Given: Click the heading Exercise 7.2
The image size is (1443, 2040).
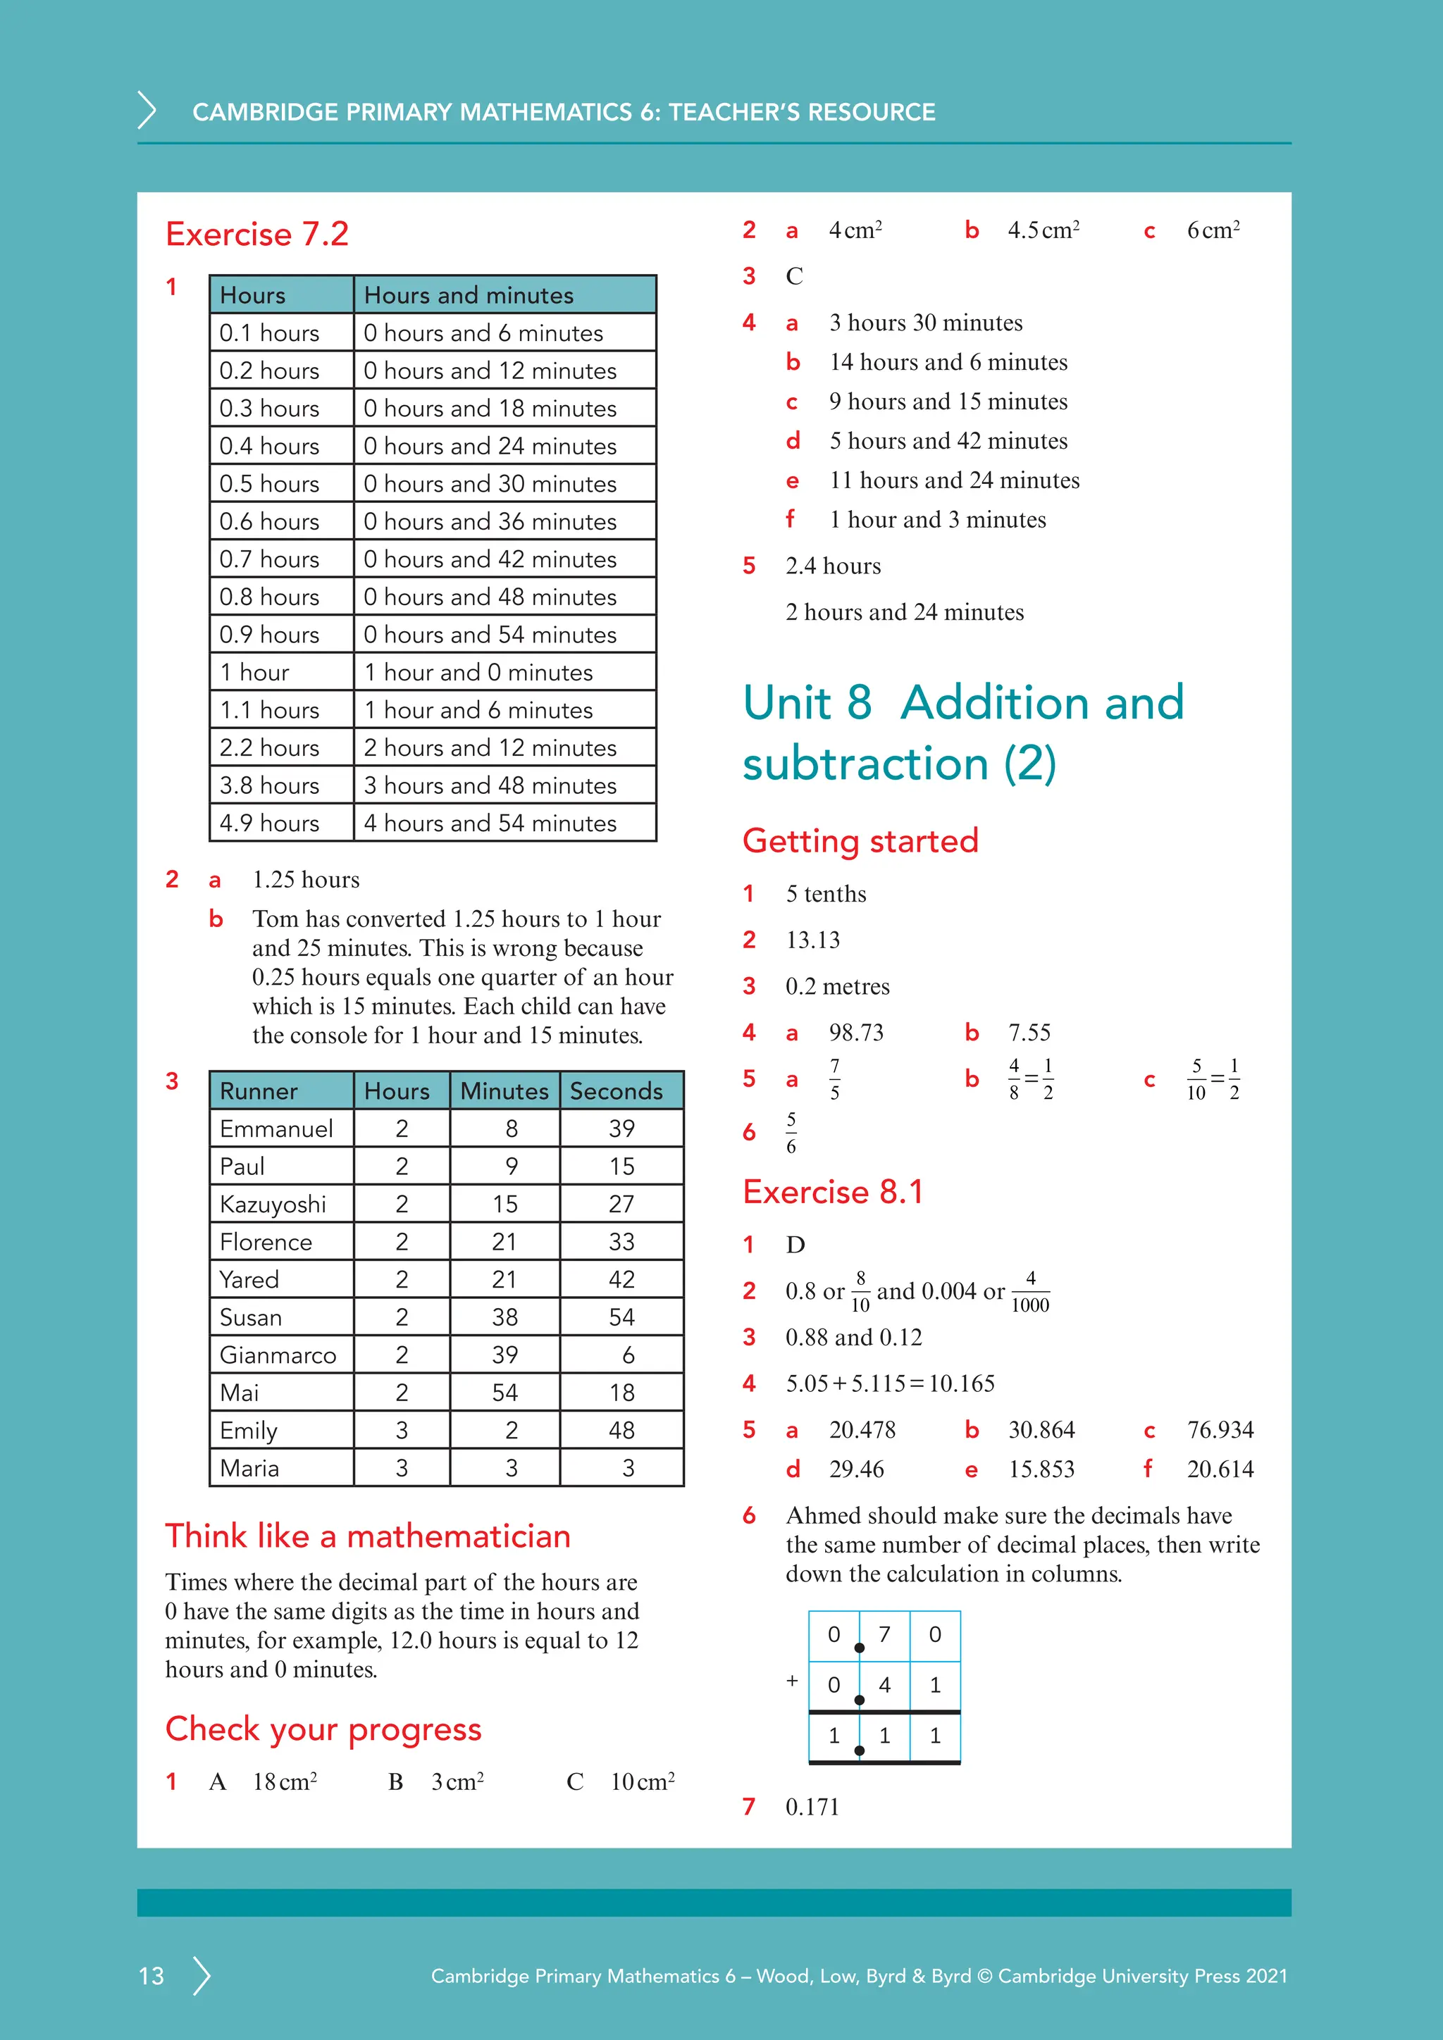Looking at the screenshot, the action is point(256,234).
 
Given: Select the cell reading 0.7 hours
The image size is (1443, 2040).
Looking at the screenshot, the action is point(269,559).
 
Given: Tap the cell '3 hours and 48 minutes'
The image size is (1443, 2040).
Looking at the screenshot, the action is point(490,785).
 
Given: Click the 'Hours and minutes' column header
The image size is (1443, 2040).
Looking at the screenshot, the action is point(469,295).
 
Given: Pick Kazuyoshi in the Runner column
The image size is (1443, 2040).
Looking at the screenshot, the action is point(273,1204).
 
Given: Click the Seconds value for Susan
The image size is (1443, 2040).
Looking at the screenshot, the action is point(621,1317).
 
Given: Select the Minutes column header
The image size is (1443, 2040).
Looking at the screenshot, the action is point(504,1091).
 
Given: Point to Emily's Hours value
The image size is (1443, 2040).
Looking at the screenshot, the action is point(402,1431).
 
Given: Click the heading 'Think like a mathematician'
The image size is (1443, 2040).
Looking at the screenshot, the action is point(368,1536).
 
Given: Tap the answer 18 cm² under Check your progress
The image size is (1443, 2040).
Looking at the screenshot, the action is point(285,1781).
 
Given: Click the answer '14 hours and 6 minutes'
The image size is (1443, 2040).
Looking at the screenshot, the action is point(948,361).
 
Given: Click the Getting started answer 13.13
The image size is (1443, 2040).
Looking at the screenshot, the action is point(812,940).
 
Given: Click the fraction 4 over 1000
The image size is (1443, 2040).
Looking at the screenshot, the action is point(1030,1292).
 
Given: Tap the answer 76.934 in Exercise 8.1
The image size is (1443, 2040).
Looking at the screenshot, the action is point(1219,1429).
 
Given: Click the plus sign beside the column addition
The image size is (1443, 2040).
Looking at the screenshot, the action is point(792,1681).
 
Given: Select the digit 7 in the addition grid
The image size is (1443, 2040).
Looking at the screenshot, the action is point(884,1635).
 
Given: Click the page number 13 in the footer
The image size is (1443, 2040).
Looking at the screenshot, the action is point(151,1976).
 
